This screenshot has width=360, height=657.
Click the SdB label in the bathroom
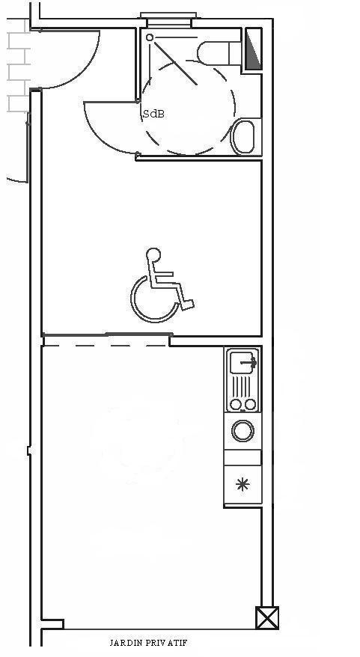click(154, 114)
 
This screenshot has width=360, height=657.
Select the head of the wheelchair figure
click(153, 254)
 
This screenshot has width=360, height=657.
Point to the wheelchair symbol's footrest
click(188, 305)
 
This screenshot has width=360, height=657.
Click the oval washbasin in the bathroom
click(243, 136)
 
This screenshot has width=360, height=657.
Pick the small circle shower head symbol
click(150, 37)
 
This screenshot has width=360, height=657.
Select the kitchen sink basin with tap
click(242, 362)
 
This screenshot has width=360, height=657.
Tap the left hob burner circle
click(236, 404)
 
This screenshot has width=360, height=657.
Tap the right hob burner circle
click(250, 404)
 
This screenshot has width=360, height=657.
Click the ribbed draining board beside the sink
click(242, 386)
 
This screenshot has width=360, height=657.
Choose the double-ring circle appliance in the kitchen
click(242, 431)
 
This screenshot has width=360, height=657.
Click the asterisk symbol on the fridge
click(242, 485)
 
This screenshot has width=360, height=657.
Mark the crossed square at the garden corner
click(267, 617)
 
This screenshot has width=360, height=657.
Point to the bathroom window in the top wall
click(168, 16)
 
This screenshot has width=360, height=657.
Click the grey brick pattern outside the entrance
click(19, 65)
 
